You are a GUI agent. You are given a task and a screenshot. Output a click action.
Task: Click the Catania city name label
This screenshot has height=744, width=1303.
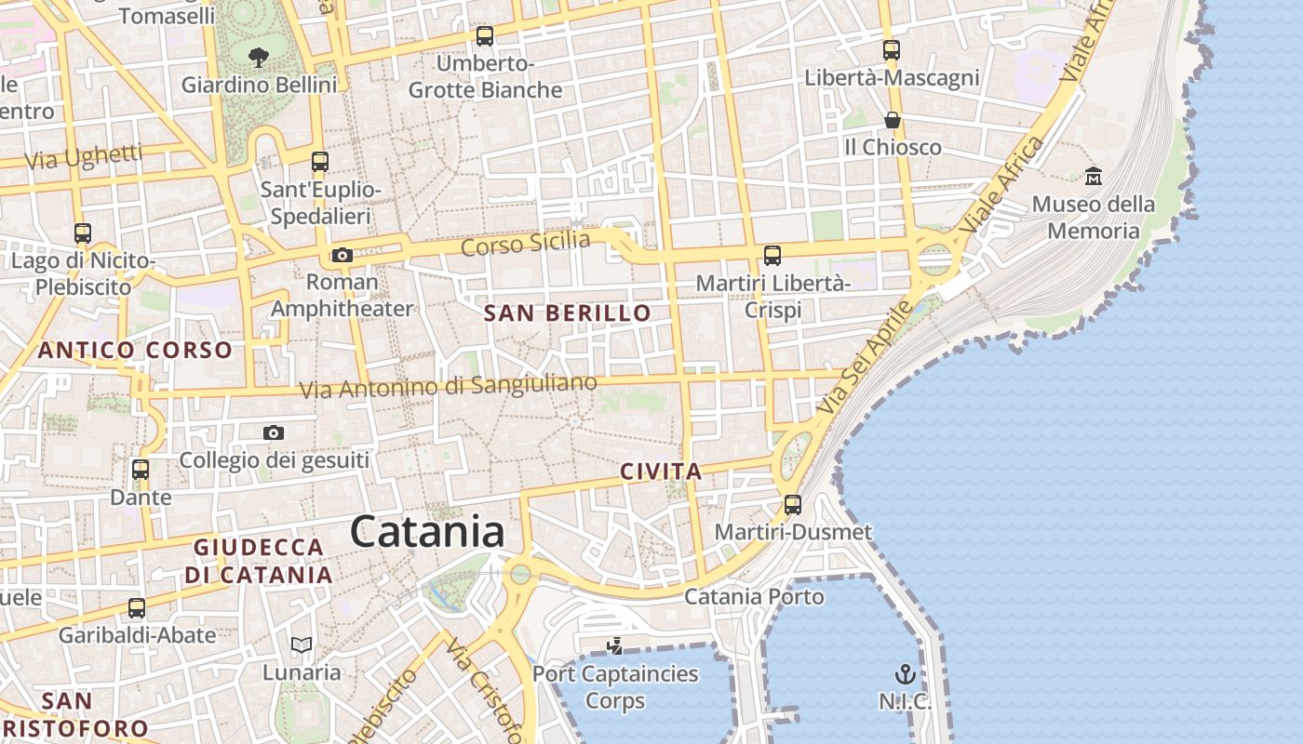point(428,532)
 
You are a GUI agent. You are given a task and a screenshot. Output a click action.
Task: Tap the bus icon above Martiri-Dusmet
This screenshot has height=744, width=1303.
point(793,505)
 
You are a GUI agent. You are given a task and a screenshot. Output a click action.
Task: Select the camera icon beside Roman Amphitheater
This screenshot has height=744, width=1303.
point(343,255)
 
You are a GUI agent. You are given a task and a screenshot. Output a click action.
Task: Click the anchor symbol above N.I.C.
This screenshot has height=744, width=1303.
point(905,674)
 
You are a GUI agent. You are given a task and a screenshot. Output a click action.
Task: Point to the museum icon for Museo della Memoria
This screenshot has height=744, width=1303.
point(1094,176)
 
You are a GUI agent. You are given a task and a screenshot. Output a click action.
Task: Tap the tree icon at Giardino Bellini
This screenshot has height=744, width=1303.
point(259,58)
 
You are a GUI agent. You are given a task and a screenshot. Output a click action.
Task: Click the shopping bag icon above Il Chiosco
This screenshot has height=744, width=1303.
point(892,120)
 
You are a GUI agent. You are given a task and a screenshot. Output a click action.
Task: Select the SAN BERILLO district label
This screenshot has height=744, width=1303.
point(568,313)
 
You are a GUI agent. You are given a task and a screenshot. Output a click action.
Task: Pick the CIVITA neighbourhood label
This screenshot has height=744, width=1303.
point(661,472)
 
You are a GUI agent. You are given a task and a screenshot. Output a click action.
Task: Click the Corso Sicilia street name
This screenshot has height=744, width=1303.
point(526,244)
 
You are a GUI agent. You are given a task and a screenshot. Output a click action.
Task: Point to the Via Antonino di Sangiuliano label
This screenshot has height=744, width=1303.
point(448,386)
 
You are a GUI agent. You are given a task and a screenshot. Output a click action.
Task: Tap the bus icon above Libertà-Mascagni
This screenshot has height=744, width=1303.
point(892,50)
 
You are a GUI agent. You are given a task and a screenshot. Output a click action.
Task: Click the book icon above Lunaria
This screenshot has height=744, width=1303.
point(301,644)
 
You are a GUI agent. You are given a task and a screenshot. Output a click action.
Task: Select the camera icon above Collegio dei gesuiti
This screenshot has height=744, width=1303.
point(273,432)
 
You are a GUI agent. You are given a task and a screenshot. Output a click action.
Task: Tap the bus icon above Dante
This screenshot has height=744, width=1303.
point(141,470)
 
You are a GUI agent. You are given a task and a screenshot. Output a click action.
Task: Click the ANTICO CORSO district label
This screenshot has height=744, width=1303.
point(135,351)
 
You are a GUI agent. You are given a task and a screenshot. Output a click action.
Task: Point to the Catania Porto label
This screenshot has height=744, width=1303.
point(754,596)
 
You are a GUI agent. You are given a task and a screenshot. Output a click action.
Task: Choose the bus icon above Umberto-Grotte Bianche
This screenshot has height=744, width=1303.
point(485,36)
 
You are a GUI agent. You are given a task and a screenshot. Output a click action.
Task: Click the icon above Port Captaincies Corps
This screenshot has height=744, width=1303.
point(614,645)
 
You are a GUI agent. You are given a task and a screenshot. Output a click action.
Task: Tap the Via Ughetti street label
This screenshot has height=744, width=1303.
point(84,157)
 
